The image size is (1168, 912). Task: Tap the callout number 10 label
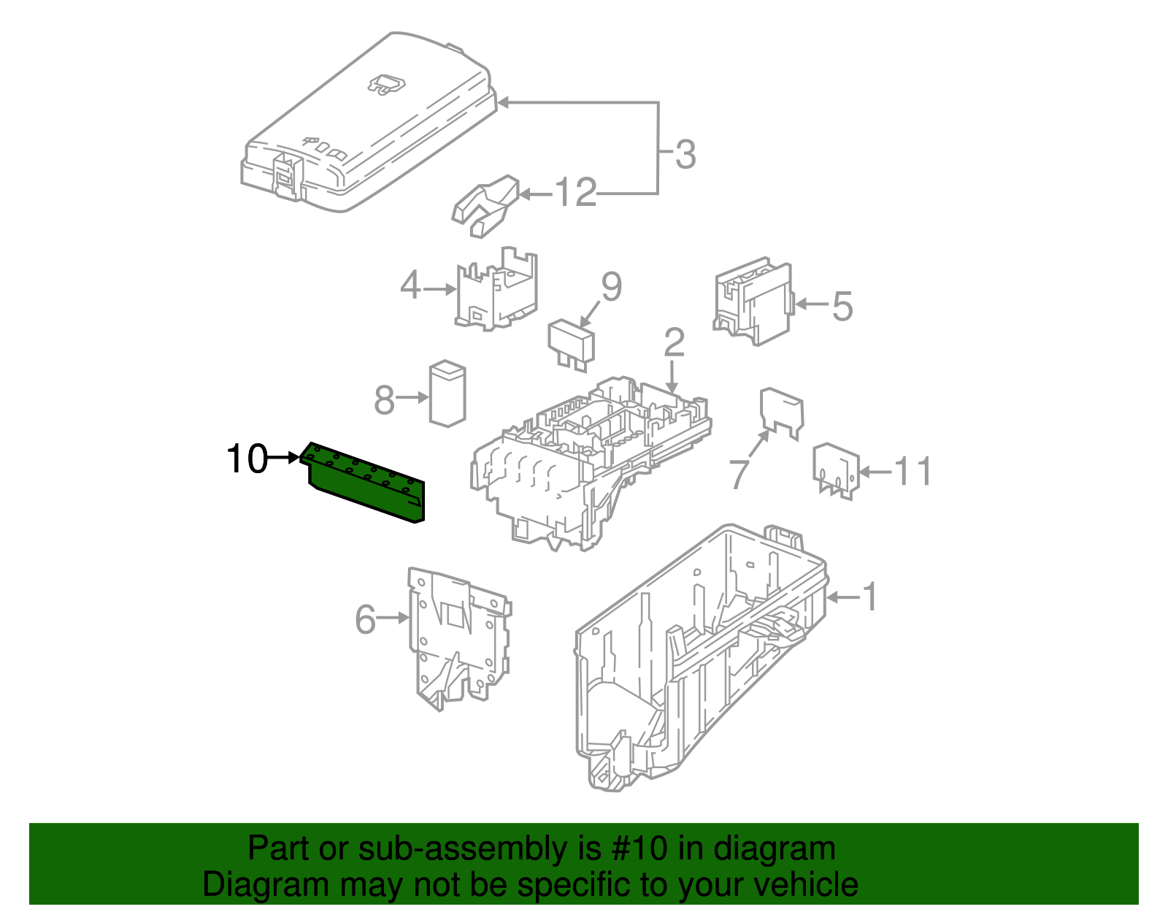247,459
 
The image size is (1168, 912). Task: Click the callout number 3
685,155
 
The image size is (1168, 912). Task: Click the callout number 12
576,193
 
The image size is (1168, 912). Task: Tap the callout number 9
611,286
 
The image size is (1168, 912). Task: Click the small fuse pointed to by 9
572,343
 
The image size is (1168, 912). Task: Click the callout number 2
674,342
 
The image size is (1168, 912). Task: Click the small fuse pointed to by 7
781,412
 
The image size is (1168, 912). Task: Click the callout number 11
913,472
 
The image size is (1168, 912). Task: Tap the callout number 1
869,597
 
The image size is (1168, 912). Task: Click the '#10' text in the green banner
636,848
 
